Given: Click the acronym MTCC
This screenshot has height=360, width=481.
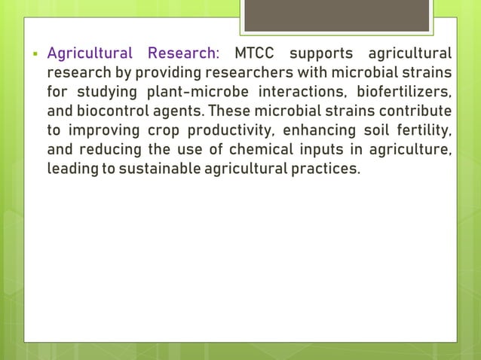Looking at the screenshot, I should click(x=257, y=53).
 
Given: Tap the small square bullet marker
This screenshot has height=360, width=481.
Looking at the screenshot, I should click(x=35, y=54).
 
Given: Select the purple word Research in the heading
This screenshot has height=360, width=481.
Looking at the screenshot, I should click(x=182, y=53).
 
